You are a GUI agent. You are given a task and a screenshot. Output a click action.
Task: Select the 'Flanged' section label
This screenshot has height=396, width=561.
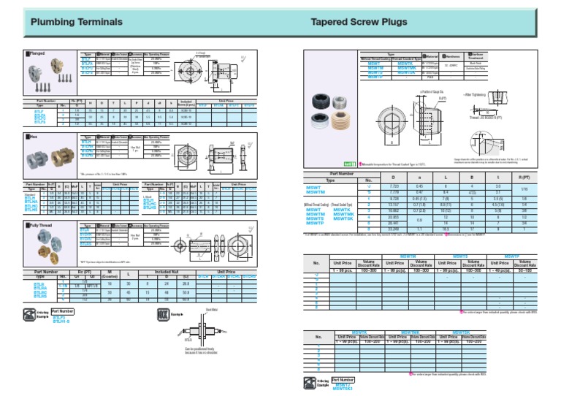coord(37,53)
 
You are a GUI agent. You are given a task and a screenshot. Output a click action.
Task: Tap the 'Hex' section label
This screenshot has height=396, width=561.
coord(34,136)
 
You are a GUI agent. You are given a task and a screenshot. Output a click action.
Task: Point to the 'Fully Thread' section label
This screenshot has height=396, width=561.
coord(42,227)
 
